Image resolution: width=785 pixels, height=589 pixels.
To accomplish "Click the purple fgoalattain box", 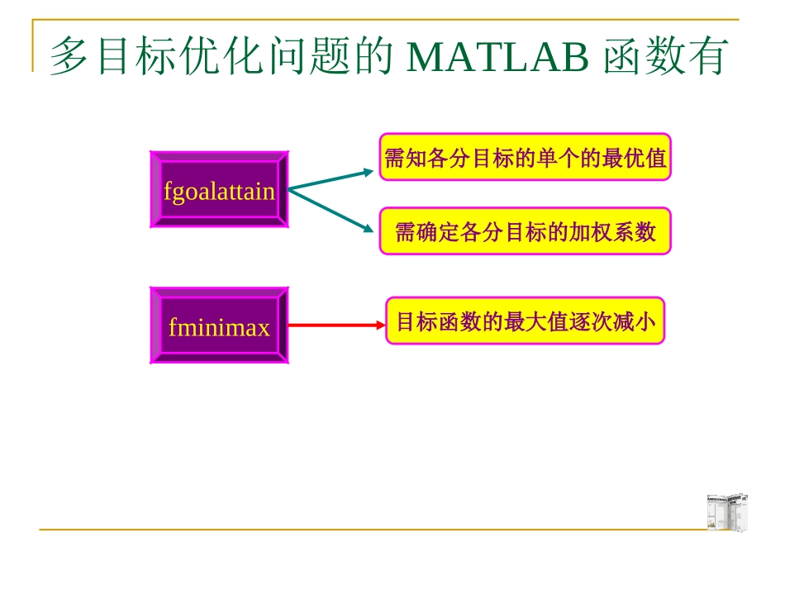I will [219, 189].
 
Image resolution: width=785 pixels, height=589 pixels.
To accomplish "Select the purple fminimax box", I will [219, 326].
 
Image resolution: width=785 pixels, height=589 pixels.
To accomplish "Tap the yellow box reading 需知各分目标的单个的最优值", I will [526, 157].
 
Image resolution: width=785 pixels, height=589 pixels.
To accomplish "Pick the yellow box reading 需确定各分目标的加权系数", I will [526, 231].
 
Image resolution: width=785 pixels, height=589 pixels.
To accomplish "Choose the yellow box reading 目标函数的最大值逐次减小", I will [526, 321].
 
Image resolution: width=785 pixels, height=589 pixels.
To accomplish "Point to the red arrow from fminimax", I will [335, 325].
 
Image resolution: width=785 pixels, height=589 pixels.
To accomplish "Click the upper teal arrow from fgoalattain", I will [331, 180].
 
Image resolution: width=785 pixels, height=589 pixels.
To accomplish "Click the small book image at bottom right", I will [727, 512].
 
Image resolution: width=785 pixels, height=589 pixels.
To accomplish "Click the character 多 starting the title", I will [69, 56].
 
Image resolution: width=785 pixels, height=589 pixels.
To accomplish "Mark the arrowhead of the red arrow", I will [379, 325].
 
